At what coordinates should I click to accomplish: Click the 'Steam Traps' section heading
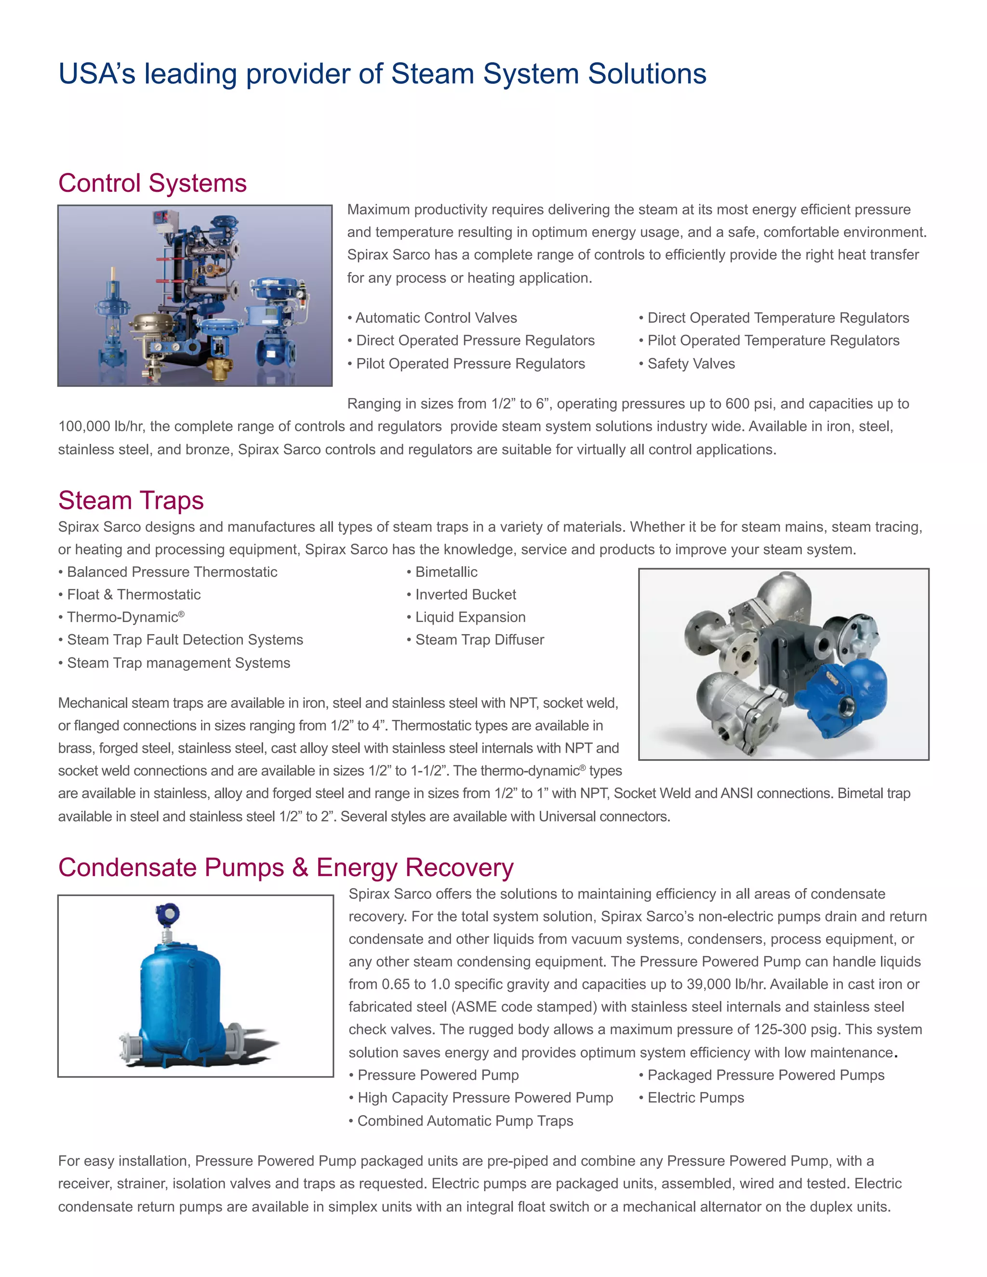[131, 501]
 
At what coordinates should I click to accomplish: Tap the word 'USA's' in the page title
[96, 74]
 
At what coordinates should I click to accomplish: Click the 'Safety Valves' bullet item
[691, 364]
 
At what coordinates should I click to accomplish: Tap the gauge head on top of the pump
[168, 913]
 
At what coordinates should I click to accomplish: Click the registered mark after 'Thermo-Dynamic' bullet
[182, 614]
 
